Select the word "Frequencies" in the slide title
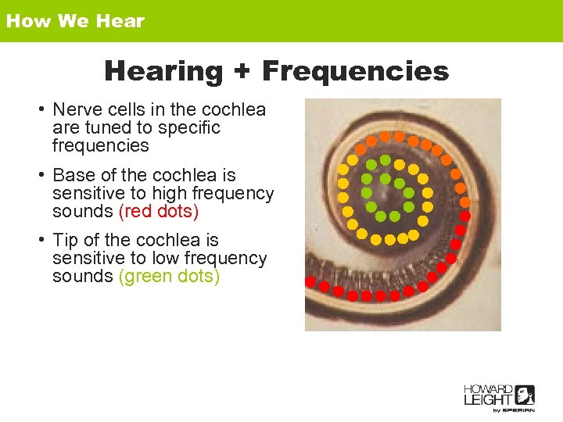[x=355, y=72]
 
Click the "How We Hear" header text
[x=75, y=21]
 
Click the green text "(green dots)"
[x=169, y=276]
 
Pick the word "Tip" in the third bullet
[x=66, y=240]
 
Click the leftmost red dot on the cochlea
[x=310, y=281]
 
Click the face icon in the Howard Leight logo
[x=525, y=395]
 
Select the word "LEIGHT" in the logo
[x=489, y=400]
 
